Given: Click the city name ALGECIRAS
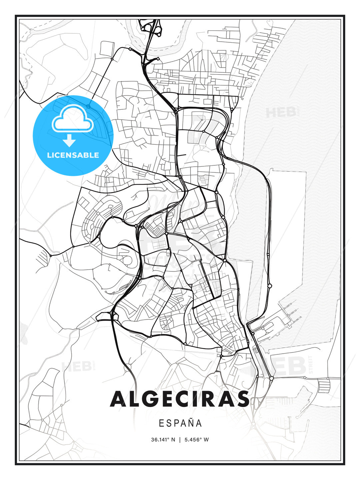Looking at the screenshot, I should click(180, 399).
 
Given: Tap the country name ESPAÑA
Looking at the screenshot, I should click(180, 423).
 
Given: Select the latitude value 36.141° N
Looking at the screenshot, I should click(163, 439).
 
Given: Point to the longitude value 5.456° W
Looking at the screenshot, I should click(196, 439).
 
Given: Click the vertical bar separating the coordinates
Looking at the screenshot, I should click(180, 439).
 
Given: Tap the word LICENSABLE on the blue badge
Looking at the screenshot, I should click(73, 155).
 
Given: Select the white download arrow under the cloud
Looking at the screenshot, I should click(70, 141).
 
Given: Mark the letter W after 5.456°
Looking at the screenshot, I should click(206, 439).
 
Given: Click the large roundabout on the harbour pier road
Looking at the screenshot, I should click(270, 286).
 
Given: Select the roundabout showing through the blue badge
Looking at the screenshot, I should click(88, 106).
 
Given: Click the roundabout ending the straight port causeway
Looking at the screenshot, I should click(272, 378).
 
